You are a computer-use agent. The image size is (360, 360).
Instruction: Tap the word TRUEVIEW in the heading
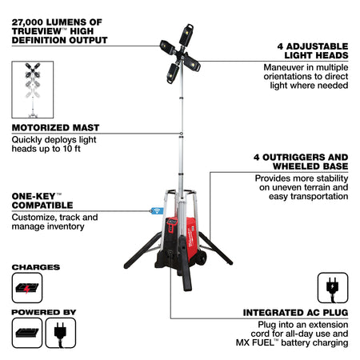click(x=37, y=31)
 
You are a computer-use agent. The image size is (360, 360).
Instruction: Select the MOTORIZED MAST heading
click(x=55, y=128)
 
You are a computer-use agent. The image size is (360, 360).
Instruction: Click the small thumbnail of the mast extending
click(x=33, y=90)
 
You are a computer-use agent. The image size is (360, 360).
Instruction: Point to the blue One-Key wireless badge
click(x=158, y=210)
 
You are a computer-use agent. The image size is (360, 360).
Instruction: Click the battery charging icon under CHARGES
click(x=27, y=288)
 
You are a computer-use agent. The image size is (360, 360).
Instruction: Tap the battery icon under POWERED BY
click(x=27, y=333)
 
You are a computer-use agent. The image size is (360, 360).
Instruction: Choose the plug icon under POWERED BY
click(x=61, y=333)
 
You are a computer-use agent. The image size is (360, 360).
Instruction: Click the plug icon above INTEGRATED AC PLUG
click(x=333, y=288)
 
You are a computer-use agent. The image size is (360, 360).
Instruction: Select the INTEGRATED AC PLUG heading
click(x=295, y=313)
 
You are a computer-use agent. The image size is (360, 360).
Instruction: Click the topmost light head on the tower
click(x=186, y=35)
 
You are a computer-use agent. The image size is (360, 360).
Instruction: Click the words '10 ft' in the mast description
click(x=71, y=149)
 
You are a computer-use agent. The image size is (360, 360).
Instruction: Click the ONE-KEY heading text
click(x=42, y=201)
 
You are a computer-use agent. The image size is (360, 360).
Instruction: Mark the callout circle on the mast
click(x=182, y=134)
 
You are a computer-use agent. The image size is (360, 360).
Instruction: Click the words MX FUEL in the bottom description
click(x=255, y=342)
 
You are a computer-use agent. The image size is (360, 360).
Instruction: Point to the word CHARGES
click(x=36, y=267)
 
